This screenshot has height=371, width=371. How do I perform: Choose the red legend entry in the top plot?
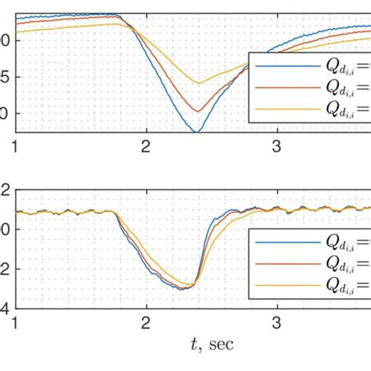(x=310, y=88)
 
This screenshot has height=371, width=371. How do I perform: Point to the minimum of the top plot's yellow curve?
(x=198, y=83)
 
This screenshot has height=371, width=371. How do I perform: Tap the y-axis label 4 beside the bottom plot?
(x=4, y=307)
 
